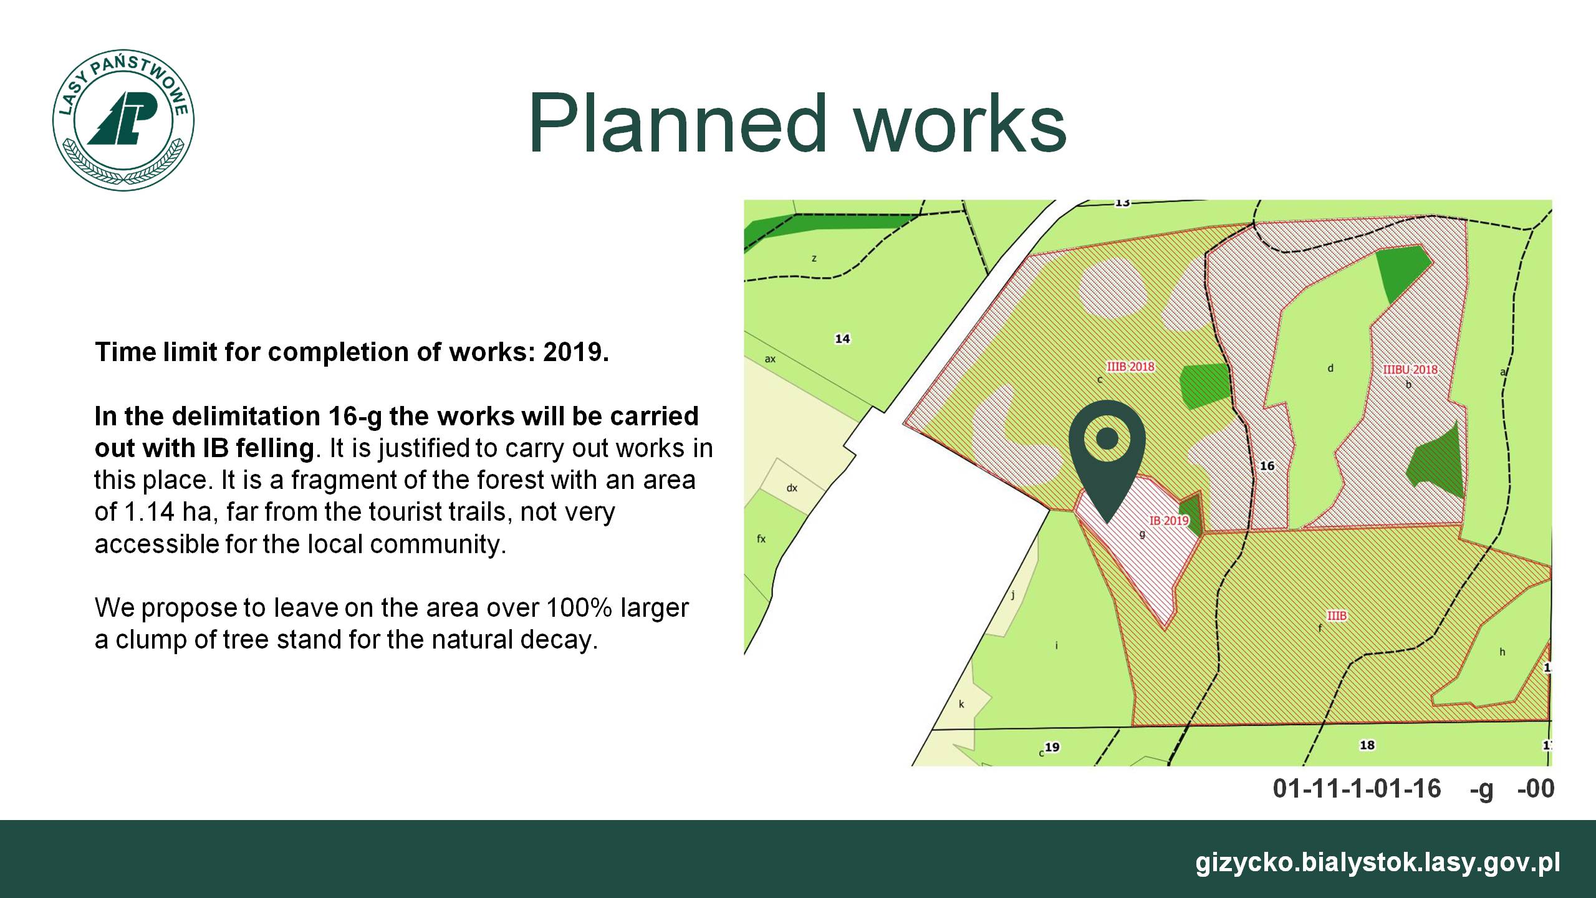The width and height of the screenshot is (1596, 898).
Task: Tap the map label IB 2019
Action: click(1169, 520)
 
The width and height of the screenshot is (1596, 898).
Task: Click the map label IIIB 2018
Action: click(1130, 367)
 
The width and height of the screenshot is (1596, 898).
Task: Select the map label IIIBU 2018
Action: click(1410, 369)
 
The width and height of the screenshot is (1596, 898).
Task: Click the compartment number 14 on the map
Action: click(842, 339)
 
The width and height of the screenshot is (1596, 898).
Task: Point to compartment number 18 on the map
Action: click(1367, 745)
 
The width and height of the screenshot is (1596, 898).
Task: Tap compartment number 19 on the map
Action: click(1052, 747)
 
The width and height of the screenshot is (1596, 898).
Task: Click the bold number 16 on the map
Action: click(1267, 466)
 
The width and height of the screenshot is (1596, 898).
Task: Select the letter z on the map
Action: click(814, 259)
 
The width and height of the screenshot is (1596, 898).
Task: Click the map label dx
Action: click(792, 488)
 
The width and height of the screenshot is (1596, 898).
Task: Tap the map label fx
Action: click(761, 539)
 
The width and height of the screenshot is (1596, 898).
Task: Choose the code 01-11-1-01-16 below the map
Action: click(1357, 789)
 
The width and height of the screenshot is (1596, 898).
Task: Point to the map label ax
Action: click(770, 359)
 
